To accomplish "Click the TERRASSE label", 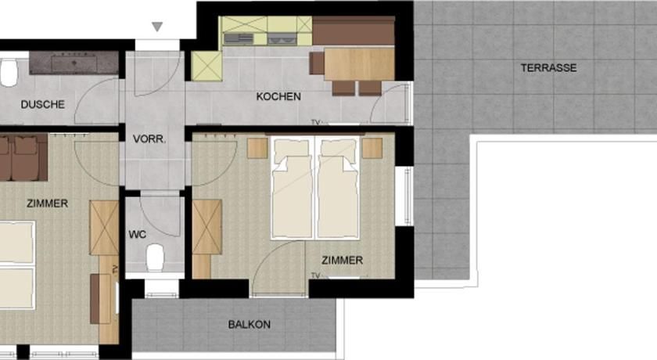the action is (548, 68).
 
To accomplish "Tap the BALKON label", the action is (250, 324).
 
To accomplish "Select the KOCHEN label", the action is (278, 96).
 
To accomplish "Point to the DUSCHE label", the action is (43, 104).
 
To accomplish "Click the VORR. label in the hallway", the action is (149, 139).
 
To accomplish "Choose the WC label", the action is (138, 234).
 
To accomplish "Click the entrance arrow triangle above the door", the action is (157, 27).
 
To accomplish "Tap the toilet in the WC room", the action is (155, 257).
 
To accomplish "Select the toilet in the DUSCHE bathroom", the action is (9, 73).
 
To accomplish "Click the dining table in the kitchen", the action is (359, 63).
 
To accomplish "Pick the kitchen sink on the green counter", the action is (282, 38).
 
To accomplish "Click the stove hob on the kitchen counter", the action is (239, 39).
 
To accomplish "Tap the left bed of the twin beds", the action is (292, 188).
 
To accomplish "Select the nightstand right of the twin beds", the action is (372, 148).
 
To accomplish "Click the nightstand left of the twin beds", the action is (257, 148).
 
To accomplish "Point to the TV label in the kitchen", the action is (315, 122).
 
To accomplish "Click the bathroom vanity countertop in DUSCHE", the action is (74, 63).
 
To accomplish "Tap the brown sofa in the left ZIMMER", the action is (23, 157).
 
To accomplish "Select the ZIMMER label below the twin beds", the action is (343, 261).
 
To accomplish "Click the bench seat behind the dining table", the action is (354, 31).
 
